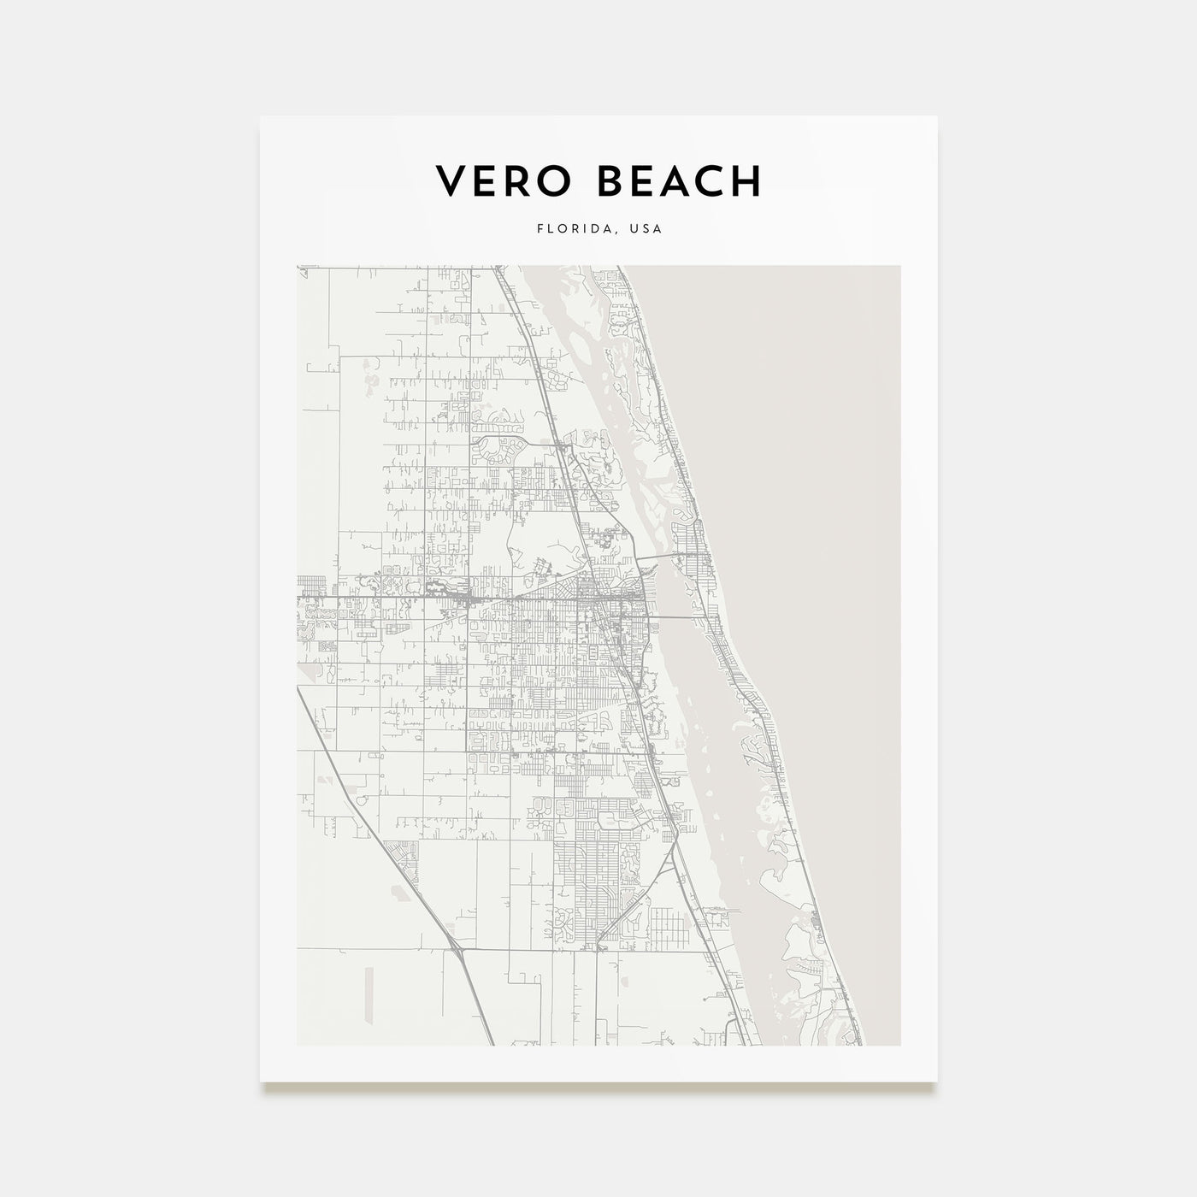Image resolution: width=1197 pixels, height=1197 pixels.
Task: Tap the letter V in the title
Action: pyautogui.click(x=451, y=181)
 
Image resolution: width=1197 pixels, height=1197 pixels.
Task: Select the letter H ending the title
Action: pyautogui.click(x=745, y=181)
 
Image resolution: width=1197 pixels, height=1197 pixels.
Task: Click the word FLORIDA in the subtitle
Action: pyautogui.click(x=568, y=229)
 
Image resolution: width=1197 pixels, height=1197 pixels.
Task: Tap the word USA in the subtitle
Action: pyautogui.click(x=646, y=229)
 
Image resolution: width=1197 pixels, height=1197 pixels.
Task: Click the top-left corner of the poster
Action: pyautogui.click(x=261, y=116)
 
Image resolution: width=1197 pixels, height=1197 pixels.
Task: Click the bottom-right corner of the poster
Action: pyautogui.click(x=937, y=1081)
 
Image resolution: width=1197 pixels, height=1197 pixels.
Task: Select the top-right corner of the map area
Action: pyautogui.click(x=899, y=266)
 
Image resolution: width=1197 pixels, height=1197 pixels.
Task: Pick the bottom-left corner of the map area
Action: pyautogui.click(x=298, y=1045)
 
